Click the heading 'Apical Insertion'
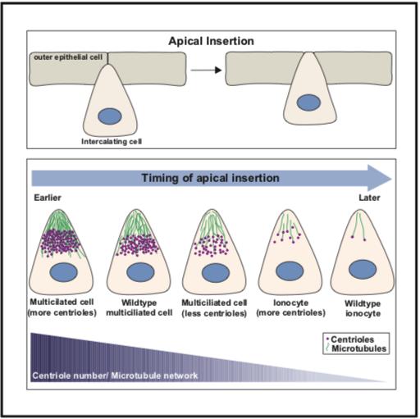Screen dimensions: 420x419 click(211, 41)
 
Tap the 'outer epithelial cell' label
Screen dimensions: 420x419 click(68, 57)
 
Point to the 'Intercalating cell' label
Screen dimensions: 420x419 click(112, 142)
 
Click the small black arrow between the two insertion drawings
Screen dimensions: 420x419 click(206, 71)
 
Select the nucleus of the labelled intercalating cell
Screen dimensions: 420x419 click(110, 116)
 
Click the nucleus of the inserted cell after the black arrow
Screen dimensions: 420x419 click(308, 102)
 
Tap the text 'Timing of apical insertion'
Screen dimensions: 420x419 click(210, 178)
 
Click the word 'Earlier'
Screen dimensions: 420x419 click(48, 198)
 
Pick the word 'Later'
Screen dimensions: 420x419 click(369, 198)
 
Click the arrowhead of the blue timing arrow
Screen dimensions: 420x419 click(379, 178)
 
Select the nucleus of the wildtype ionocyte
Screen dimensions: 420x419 click(363, 269)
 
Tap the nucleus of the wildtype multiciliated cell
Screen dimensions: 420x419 click(140, 272)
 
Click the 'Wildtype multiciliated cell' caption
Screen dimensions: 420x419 click(139, 307)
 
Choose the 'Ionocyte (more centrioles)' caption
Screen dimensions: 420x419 click(290, 307)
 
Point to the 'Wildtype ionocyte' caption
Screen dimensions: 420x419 click(363, 308)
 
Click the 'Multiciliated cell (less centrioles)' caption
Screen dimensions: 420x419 click(214, 307)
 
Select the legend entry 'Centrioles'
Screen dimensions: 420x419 click(352, 339)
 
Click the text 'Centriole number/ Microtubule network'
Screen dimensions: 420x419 click(115, 376)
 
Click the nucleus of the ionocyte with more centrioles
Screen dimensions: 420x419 click(290, 271)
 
